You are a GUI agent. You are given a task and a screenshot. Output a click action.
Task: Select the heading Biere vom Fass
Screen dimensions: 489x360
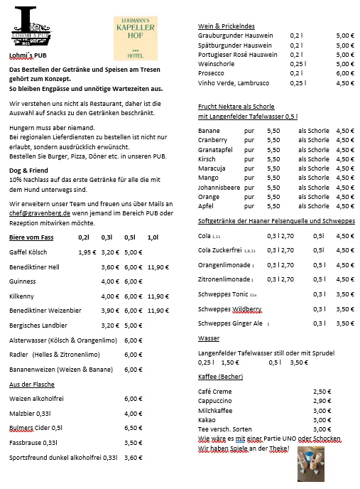[33, 237]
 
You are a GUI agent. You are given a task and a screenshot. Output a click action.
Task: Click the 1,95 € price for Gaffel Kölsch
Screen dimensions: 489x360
[87, 252]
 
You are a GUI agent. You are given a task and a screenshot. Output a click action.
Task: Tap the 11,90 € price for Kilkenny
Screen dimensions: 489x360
[158, 296]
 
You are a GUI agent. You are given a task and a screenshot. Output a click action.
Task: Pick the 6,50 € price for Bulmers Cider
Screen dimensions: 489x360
[133, 428]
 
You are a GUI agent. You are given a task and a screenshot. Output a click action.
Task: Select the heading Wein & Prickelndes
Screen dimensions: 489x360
[226, 26]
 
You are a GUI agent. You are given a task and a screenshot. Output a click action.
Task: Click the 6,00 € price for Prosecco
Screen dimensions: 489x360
[344, 73]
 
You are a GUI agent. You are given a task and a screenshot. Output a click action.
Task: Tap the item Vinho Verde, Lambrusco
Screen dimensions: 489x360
[232, 83]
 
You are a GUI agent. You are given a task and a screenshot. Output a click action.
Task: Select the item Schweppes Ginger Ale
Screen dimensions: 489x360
[230, 323]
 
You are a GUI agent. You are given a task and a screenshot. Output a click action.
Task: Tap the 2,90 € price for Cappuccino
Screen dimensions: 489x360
[322, 401]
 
